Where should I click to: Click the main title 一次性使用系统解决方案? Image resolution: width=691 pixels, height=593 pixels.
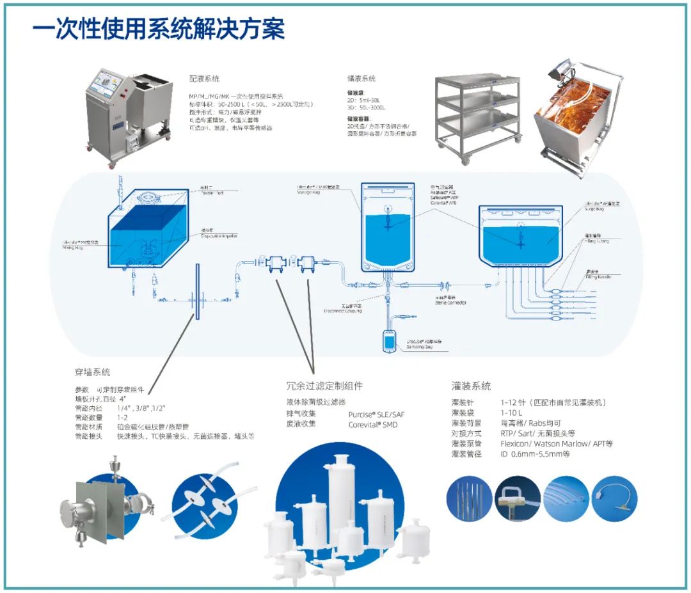159,29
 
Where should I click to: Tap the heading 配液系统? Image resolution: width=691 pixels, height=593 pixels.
204,79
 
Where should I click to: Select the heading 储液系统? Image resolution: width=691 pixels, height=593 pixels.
361,79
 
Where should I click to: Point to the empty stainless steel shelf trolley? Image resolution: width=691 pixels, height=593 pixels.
478,115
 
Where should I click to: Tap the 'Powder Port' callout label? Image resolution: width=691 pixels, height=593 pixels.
214,192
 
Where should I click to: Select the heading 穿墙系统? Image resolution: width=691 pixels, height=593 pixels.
92,372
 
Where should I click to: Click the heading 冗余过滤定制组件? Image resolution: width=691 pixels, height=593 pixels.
324,386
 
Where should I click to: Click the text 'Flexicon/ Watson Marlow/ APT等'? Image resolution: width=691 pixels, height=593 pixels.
556,443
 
